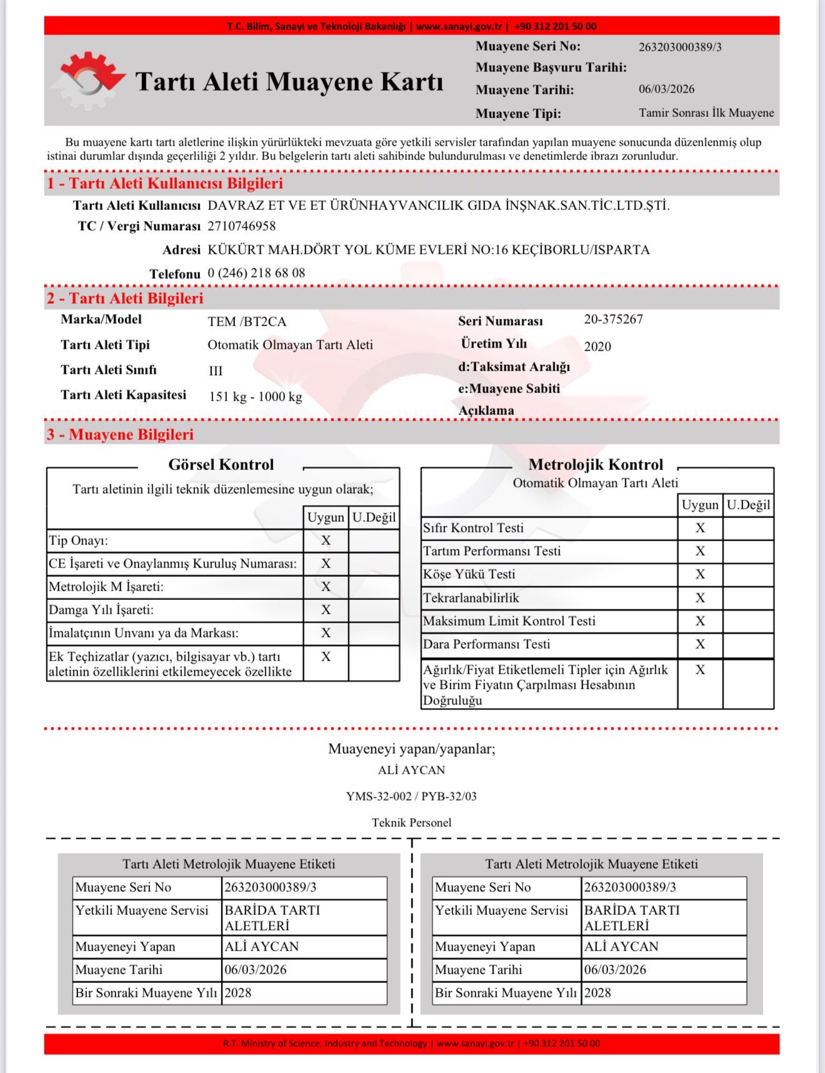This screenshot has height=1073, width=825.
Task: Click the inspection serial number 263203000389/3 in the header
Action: [x=680, y=47]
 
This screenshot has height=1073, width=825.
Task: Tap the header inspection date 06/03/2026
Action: [x=666, y=89]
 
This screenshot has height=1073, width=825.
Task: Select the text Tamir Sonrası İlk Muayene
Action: [x=706, y=113]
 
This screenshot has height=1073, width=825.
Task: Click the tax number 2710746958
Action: [x=241, y=226]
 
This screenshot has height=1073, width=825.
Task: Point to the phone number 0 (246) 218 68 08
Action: [x=256, y=273]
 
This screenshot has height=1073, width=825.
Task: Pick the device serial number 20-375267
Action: [x=613, y=319]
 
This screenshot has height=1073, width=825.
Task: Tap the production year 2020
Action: [x=597, y=347]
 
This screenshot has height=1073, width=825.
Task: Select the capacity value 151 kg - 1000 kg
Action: [x=255, y=397]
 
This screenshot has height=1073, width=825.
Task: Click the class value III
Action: [x=216, y=371]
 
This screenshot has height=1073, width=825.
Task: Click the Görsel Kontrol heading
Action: [x=221, y=465]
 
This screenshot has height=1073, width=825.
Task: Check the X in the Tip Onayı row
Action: [x=326, y=541]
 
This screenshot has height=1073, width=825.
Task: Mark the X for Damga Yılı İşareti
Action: [x=326, y=610]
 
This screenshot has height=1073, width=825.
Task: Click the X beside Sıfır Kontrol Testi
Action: [x=700, y=528]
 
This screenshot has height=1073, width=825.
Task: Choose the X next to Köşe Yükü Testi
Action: [x=700, y=574]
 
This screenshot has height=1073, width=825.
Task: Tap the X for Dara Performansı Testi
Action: [x=700, y=644]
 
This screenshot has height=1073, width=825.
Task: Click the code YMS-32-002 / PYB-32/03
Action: [x=411, y=797]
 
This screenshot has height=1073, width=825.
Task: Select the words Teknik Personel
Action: [x=411, y=823]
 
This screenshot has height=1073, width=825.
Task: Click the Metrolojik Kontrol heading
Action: [x=595, y=465]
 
